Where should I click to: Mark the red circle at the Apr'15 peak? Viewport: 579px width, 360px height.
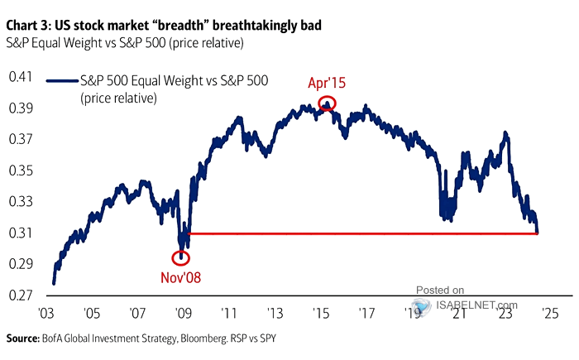(327, 103)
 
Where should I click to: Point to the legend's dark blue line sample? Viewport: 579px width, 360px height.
(63, 80)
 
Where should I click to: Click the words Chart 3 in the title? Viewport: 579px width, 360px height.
(30, 11)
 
